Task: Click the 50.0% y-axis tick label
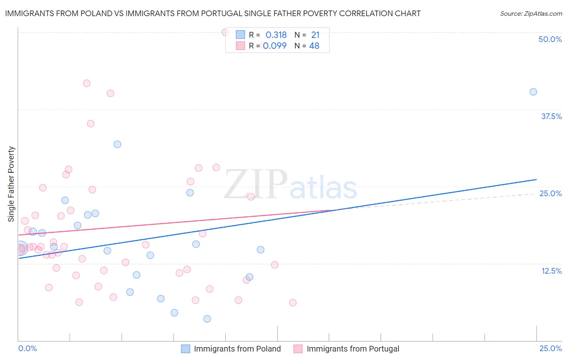click(550, 39)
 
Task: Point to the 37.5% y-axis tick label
click(551, 116)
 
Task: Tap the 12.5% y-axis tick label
click(551, 271)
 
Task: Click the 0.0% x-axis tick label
click(27, 348)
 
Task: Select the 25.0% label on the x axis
click(550, 348)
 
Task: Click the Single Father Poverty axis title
click(11, 184)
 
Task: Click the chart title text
click(213, 13)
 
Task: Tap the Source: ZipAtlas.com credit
click(531, 13)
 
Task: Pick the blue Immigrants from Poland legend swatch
click(186, 349)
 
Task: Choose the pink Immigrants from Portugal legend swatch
click(298, 349)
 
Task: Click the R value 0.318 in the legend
click(276, 35)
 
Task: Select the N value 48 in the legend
click(314, 46)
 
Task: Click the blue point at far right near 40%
click(533, 92)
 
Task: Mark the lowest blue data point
click(207, 319)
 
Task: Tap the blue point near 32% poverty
click(117, 144)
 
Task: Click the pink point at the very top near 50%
click(225, 32)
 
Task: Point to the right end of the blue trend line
click(536, 179)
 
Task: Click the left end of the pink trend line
click(19, 235)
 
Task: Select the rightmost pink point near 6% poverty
click(293, 303)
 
